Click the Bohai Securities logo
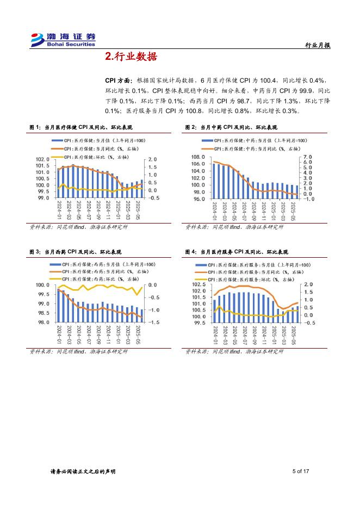pyautogui.click(x=63, y=40)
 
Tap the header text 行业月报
pyautogui.click(x=318, y=46)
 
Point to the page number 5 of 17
pyautogui.click(x=301, y=471)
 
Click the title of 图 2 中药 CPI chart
pyautogui.click(x=231, y=127)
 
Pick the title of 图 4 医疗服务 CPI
pyautogui.click(x=237, y=252)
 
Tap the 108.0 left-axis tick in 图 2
pyautogui.click(x=198, y=157)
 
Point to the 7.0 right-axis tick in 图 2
pyautogui.click(x=307, y=157)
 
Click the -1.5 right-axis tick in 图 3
pyautogui.click(x=153, y=323)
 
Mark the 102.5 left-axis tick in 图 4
pyautogui.click(x=198, y=284)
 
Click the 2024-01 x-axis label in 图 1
pyautogui.click(x=59, y=210)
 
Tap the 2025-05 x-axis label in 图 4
pyautogui.click(x=293, y=335)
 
